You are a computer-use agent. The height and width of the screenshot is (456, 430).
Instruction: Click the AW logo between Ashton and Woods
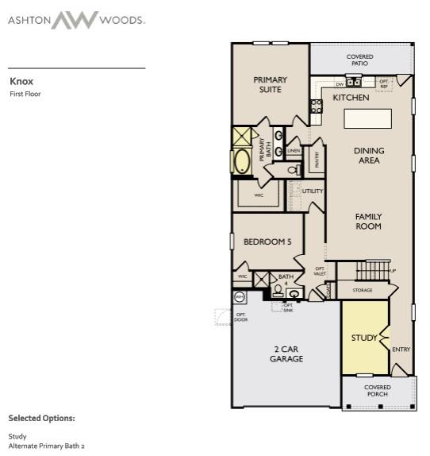pyautogui.click(x=75, y=20)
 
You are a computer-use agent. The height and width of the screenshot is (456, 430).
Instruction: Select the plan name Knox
pyautogui.click(x=21, y=81)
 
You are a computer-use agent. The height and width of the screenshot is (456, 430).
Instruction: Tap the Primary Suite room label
pyautogui.click(x=270, y=84)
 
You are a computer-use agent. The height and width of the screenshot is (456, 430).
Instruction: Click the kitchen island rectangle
pyautogui.click(x=367, y=118)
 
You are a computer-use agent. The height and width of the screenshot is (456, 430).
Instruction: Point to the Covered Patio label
pyautogui.click(x=360, y=60)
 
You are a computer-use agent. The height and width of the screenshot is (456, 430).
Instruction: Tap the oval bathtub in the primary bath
pyautogui.click(x=242, y=161)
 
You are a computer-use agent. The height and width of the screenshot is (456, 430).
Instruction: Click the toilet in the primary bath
pyautogui.click(x=292, y=169)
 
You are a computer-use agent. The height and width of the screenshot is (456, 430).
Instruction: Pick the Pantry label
pyautogui.click(x=317, y=160)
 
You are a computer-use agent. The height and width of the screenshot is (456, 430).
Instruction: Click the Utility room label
pyautogui.click(x=313, y=191)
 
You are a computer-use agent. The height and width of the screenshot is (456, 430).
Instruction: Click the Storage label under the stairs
pyautogui.click(x=362, y=291)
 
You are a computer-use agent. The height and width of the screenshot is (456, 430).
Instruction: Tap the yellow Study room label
pyautogui.click(x=364, y=338)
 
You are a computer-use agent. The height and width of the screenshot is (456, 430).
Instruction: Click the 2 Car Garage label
pyautogui.click(x=286, y=354)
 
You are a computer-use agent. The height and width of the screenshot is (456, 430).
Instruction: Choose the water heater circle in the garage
pyautogui.click(x=240, y=298)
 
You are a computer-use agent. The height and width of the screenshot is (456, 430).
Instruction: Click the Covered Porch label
pyautogui.click(x=378, y=391)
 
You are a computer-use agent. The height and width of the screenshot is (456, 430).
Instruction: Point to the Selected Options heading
pyautogui.click(x=41, y=418)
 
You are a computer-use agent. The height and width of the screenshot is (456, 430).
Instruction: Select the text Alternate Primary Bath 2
pyautogui.click(x=46, y=446)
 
